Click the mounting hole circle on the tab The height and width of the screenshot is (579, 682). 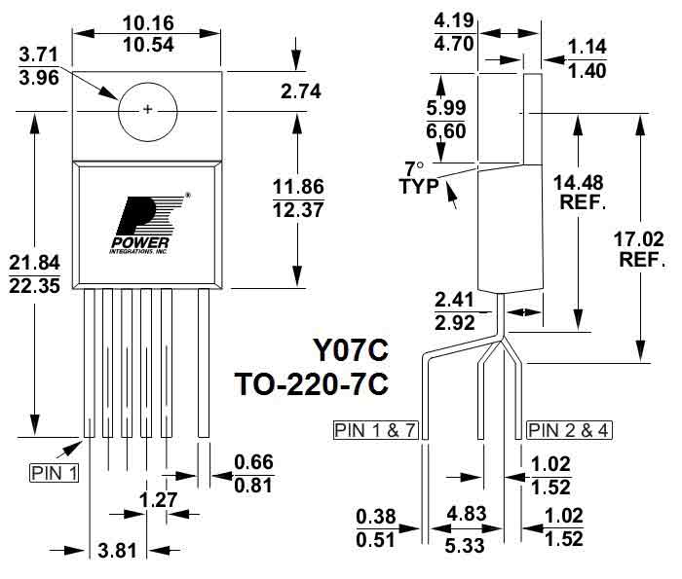click(148, 109)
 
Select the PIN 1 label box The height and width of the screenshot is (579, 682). click(53, 473)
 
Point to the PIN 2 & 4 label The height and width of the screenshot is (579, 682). click(570, 429)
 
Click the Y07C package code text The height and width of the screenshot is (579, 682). click(349, 348)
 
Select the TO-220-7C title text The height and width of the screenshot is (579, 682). click(312, 383)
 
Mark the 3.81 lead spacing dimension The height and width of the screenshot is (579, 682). click(117, 551)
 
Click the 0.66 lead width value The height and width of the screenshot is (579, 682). click(253, 462)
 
